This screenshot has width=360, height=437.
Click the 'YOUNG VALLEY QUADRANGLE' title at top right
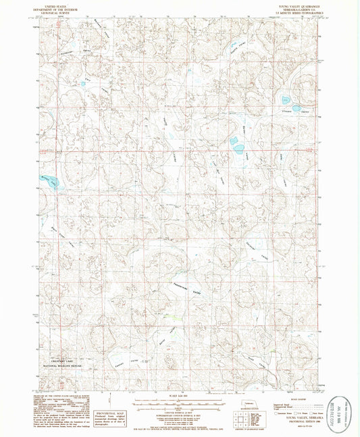pyautogui.click(x=290, y=4)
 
